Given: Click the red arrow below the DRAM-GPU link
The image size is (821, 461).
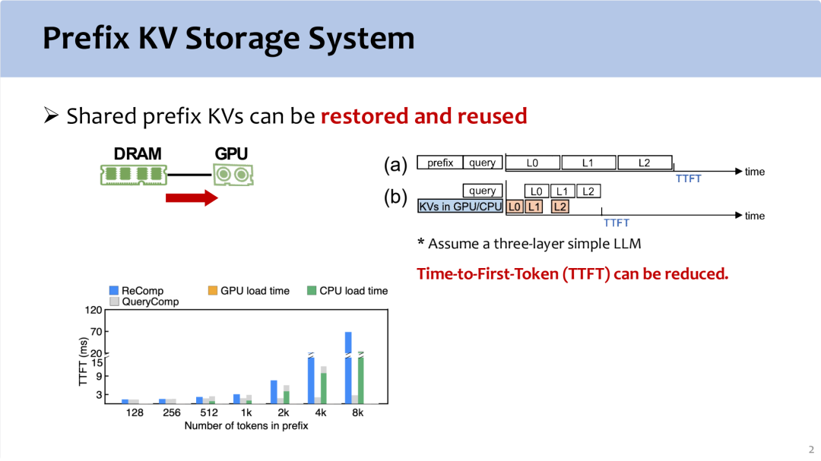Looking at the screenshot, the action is coord(192,197).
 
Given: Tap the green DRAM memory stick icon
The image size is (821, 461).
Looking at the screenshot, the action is coord(134,175).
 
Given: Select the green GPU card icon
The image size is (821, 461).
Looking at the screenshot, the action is coord(233,175).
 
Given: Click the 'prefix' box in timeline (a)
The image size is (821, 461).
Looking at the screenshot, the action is coord(440,163).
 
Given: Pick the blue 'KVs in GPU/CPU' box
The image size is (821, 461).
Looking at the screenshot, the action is coord(460,206).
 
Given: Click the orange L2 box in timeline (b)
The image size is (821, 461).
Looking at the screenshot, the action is coord(559,207).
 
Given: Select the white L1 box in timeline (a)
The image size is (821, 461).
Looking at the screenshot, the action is coord(588,163).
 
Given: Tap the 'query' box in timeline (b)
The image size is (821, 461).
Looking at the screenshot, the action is coord(482,191).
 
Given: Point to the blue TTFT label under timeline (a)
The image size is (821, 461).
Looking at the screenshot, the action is coord(688,179).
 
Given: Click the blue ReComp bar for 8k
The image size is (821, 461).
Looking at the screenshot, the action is coord(348,368).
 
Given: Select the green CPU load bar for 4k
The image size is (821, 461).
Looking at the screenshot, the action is coord(324,388).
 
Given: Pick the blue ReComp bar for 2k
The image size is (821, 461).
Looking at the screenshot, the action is coord(274,392).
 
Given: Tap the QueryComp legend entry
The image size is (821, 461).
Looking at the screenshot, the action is coord(144,302).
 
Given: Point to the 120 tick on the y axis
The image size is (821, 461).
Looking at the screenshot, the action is coord(94,311).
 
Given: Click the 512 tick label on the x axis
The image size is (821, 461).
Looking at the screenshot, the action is coord(209,413).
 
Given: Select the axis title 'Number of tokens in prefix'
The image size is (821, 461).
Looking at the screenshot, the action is coord(246,426).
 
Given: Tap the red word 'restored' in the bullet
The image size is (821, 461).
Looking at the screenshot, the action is coord(364,116).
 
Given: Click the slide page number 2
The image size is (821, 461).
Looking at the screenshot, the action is coord(811,450).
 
